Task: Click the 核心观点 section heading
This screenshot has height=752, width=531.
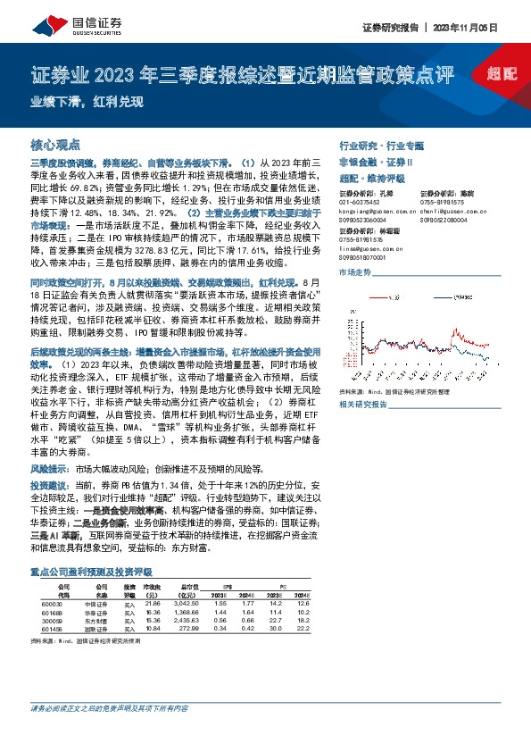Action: (x=55, y=144)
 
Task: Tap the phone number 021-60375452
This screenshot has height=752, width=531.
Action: (x=359, y=204)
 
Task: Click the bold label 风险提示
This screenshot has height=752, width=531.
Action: (x=51, y=467)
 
